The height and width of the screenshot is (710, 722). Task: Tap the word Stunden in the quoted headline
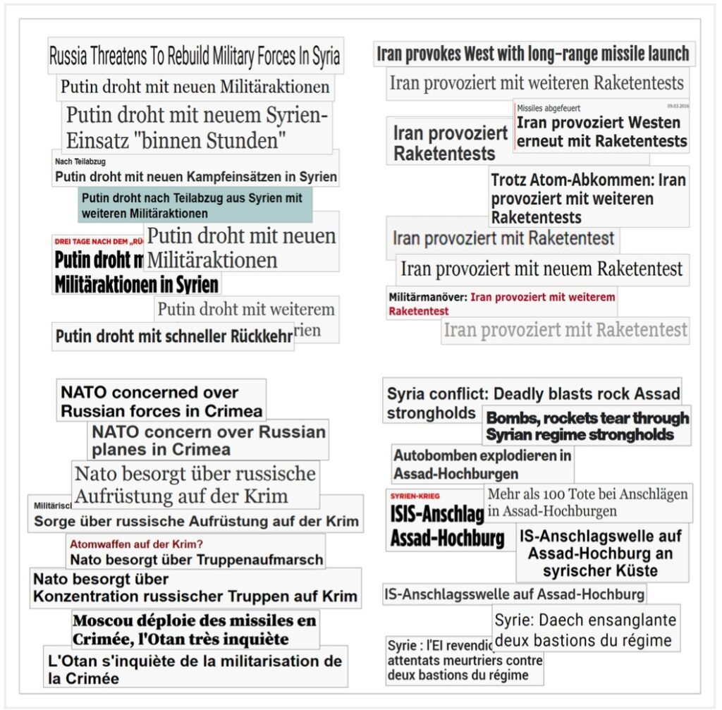[x=244, y=140]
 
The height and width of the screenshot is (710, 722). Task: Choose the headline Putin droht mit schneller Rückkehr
[x=173, y=336]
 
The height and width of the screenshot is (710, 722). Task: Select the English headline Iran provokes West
[x=532, y=54]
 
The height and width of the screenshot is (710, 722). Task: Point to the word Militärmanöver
[x=427, y=297]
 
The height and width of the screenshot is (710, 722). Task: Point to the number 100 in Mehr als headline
[x=561, y=494]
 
